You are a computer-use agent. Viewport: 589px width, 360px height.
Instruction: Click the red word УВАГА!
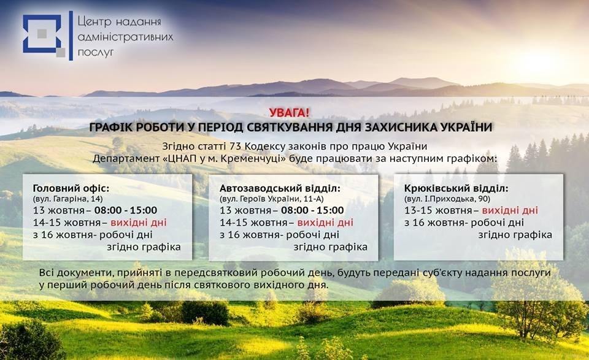coord(289,113)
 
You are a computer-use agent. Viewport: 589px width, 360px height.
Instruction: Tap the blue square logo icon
coord(44,36)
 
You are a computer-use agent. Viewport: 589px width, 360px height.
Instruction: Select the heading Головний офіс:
coord(71,188)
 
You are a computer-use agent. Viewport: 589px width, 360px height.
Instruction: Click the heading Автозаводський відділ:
coord(280,188)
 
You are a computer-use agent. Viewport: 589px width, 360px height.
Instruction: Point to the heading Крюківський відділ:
coord(456,188)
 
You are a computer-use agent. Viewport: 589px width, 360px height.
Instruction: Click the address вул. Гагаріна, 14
coord(67,199)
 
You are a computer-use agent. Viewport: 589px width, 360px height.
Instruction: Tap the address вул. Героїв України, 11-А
coord(272,199)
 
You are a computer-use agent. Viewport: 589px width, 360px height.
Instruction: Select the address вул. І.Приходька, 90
coord(447,199)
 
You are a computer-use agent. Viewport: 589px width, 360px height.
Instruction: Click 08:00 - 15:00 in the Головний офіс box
coord(125,210)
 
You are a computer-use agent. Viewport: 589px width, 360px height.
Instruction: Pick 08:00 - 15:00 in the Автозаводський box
coord(312,210)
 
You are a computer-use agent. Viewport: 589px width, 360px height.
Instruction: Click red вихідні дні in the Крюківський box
coord(510,210)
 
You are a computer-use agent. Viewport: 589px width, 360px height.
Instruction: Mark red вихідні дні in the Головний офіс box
coord(138,223)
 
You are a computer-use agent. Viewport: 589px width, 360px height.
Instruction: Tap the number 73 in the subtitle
coord(235,146)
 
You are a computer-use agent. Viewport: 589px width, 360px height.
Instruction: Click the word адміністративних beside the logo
coord(125,37)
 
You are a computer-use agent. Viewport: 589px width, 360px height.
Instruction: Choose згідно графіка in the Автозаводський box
coord(330,247)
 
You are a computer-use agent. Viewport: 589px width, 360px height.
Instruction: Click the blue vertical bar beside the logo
coord(71,36)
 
